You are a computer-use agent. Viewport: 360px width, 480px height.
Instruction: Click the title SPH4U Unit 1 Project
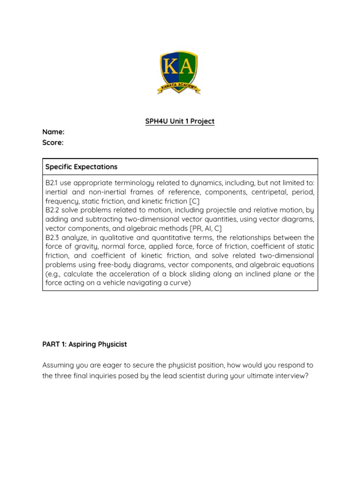point(180,121)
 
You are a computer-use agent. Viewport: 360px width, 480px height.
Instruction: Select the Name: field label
point(53,132)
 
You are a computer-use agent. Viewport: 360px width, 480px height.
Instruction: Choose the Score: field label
point(53,142)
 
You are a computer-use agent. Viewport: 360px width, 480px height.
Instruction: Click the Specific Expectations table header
point(81,167)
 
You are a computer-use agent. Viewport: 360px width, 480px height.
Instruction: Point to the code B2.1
point(51,183)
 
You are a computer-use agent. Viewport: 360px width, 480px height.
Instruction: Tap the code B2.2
point(52,210)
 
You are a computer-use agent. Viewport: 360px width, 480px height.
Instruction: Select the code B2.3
point(52,238)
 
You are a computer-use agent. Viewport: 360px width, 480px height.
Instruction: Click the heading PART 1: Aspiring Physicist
point(84,344)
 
